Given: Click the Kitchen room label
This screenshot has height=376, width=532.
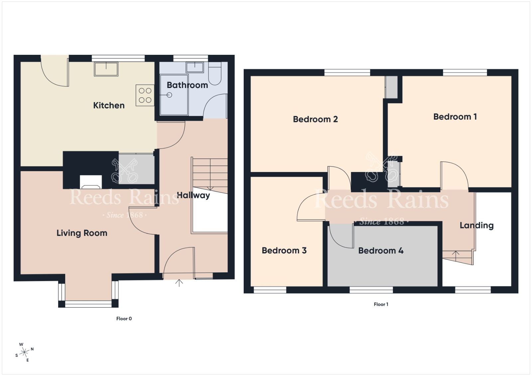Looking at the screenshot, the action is (x=109, y=105).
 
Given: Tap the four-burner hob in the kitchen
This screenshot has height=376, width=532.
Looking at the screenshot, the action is (x=145, y=95).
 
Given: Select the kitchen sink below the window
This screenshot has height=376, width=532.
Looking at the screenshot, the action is (x=106, y=69).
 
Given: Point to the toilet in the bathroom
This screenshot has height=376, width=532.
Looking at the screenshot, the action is (x=215, y=73).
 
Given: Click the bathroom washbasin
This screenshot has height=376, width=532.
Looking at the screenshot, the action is (x=195, y=67).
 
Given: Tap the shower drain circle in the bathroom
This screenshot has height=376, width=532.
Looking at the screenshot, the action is (x=169, y=95).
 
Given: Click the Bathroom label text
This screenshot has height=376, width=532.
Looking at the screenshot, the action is (x=188, y=85).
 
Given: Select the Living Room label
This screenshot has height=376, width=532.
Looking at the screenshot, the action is (x=82, y=233).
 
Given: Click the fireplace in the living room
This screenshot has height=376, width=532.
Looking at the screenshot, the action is (x=91, y=182).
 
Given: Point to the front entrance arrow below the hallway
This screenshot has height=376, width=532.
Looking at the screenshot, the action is (x=179, y=283).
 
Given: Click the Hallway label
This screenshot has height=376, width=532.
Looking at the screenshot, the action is (x=193, y=195).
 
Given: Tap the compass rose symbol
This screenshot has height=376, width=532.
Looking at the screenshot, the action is (x=24, y=352).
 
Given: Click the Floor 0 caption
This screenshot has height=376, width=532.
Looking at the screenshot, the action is (x=124, y=319).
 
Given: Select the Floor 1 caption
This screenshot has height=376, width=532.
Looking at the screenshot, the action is (x=381, y=304).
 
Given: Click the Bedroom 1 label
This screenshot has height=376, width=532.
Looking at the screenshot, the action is (x=455, y=117).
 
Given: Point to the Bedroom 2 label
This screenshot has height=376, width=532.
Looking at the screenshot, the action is (x=316, y=119).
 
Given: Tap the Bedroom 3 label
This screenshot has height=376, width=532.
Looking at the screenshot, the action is (x=284, y=250).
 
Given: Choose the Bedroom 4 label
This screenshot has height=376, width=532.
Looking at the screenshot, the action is (x=381, y=250).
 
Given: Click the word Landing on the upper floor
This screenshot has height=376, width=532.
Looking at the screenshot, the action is (x=477, y=225).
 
